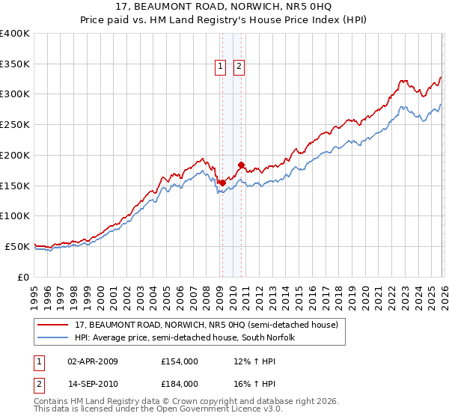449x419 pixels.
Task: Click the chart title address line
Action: coord(224,7)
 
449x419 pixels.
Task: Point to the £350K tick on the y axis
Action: coord(15,64)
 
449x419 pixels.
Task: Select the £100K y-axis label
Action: coord(15,216)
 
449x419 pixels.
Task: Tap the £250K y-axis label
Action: coord(15,125)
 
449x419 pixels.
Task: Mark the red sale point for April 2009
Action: coord(222,182)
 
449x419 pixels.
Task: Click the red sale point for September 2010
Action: coord(241,165)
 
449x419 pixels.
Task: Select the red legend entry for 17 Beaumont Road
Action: coord(207,325)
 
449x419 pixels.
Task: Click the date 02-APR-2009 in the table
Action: coord(93,361)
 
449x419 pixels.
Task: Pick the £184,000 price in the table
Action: coord(180,383)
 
